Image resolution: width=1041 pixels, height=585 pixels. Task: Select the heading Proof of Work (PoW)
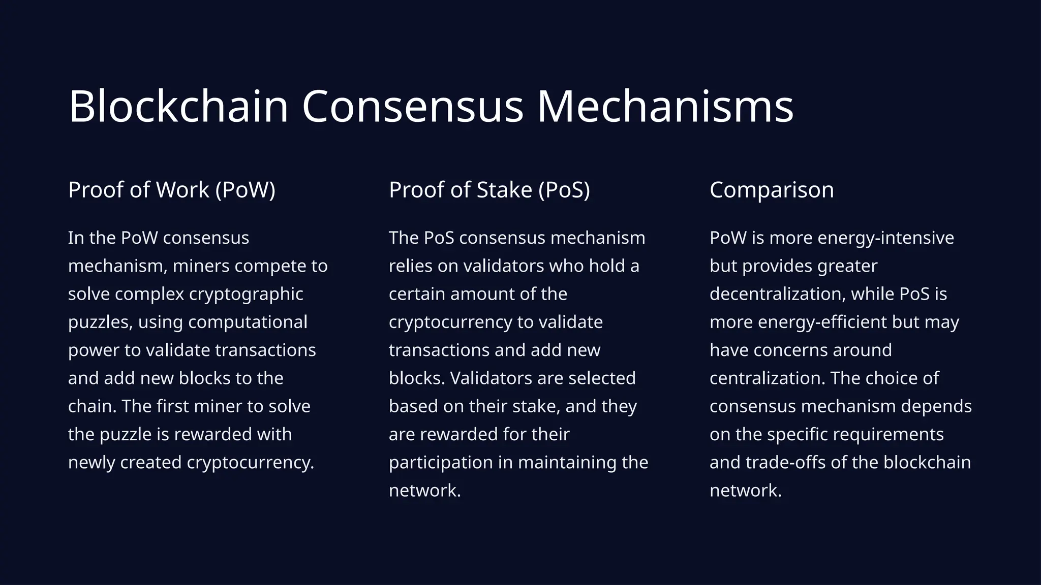(172, 190)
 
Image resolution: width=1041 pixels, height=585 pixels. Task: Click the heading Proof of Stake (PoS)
(489, 190)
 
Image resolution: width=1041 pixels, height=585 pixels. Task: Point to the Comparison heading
(772, 190)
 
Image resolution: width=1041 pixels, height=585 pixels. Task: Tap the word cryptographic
(246, 295)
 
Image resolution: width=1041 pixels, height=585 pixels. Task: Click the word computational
(248, 322)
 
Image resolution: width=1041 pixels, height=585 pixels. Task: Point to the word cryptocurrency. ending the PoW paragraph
(251, 463)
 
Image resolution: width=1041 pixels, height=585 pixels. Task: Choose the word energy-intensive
(885, 238)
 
